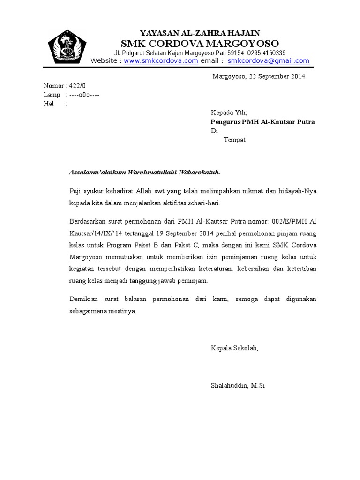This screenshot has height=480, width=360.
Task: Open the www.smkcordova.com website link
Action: click(x=161, y=61)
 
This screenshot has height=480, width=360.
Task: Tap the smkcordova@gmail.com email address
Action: click(x=268, y=61)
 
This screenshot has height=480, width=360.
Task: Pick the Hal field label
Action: click(x=49, y=104)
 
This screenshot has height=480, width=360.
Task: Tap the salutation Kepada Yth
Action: click(x=229, y=112)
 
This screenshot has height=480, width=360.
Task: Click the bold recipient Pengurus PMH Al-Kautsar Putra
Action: click(x=262, y=122)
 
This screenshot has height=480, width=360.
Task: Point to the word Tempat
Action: click(x=234, y=140)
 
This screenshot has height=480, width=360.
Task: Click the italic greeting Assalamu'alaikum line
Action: click(x=144, y=172)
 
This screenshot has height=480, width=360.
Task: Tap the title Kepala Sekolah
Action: click(x=234, y=348)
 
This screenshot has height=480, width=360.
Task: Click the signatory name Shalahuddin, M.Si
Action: click(x=238, y=386)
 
